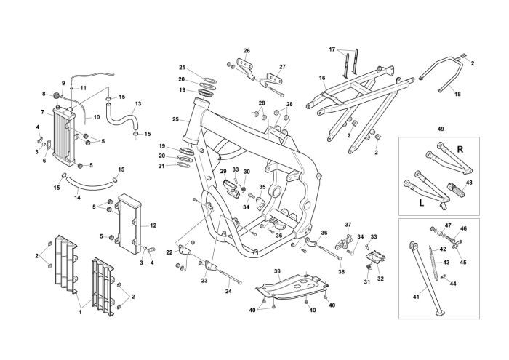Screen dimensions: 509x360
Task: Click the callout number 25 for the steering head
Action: coord(175,119)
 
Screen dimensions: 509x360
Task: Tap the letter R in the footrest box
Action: coord(460,149)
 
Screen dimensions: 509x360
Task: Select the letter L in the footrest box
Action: coord(421,204)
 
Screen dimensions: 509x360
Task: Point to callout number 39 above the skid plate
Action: coord(277,271)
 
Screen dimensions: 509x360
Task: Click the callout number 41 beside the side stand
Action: coord(416,297)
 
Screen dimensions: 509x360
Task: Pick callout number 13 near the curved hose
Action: coord(138,104)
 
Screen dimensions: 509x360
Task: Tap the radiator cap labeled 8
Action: coord(57,95)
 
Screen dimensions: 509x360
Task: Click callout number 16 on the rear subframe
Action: coord(322,78)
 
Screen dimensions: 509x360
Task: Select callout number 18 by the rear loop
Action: coord(457,94)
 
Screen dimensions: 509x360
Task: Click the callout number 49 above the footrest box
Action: coord(441,129)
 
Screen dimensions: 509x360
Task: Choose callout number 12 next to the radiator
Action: coord(153,225)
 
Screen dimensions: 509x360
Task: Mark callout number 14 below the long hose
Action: coord(77,197)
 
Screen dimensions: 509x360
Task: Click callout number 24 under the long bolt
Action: coord(228,292)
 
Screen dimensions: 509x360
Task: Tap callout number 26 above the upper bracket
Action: coord(247,51)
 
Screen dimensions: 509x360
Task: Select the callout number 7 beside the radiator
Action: coord(42,112)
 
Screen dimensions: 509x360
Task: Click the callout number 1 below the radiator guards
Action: coord(80,312)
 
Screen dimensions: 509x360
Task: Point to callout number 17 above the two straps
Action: coord(332,49)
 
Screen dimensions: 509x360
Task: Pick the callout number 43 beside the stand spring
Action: coord(446,263)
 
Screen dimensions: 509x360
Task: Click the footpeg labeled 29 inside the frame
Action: coord(231,188)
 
